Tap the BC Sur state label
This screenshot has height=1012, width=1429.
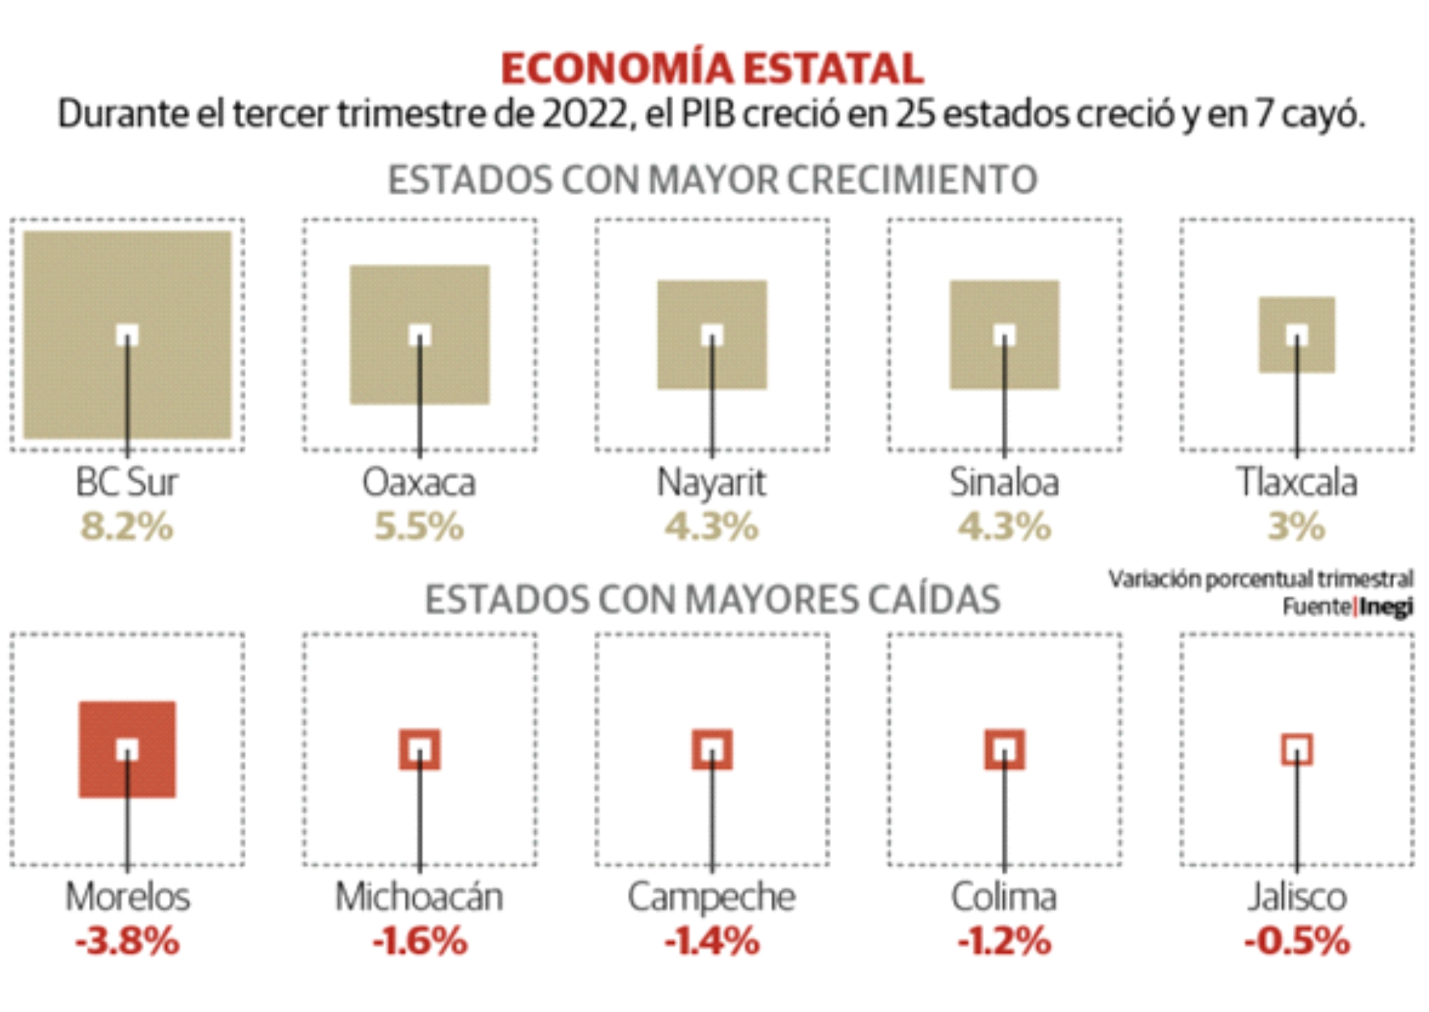[127, 482]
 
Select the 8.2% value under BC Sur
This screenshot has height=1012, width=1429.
[127, 527]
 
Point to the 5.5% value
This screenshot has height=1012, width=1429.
[419, 527]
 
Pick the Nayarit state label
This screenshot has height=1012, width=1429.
[711, 484]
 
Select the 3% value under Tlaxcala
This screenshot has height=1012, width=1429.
[1297, 527]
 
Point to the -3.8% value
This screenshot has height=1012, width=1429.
[127, 941]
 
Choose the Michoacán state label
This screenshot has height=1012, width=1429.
[419, 897]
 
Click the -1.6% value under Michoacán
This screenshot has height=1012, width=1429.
[419, 941]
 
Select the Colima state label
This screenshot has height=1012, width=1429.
[1004, 897]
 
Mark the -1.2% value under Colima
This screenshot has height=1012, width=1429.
[1004, 941]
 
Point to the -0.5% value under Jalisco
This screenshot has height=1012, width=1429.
[1297, 941]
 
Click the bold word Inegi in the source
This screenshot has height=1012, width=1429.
[1386, 606]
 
